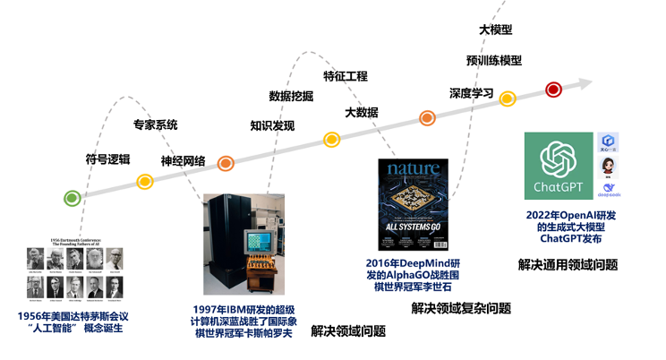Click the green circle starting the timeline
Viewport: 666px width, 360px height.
pos(73,200)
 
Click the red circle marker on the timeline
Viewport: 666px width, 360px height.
pos(553,89)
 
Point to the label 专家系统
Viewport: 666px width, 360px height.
pos(156,125)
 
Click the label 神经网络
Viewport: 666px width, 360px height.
pos(184,161)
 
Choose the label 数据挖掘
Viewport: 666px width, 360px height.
pos(292,96)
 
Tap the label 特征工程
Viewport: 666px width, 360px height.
pos(346,76)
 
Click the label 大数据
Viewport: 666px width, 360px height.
pos(362,112)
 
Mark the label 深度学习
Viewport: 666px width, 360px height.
pos(471,92)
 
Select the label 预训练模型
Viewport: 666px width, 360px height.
pos(494,60)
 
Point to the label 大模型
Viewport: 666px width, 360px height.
pos(496,30)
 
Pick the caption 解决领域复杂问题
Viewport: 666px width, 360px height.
pos(461,308)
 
